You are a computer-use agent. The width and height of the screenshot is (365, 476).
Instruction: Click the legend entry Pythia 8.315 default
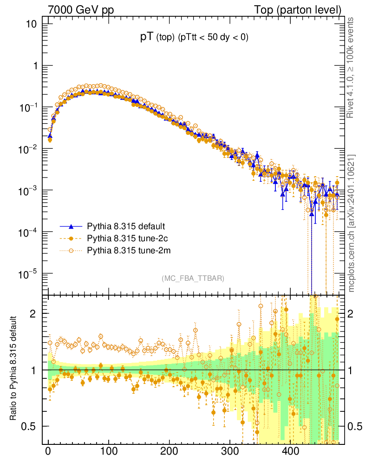pyautogui.click(x=125, y=227)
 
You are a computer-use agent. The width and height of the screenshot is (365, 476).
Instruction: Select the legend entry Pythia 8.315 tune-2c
pyautogui.click(x=125, y=239)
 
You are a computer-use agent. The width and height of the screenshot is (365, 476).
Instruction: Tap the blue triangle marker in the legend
pyautogui.click(x=71, y=227)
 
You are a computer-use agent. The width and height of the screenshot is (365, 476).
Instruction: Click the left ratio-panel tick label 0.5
pyautogui.click(x=29, y=426)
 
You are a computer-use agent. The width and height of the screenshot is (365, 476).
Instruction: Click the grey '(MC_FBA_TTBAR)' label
pyautogui.click(x=193, y=278)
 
